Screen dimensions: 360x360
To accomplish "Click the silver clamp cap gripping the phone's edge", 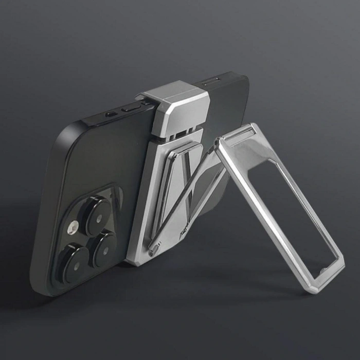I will pos(177,105).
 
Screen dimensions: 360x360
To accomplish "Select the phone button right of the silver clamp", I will pos(212,81).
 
